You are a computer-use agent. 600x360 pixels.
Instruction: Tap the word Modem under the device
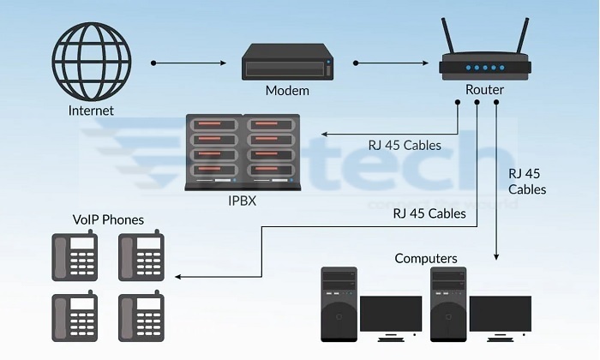(x=286, y=91)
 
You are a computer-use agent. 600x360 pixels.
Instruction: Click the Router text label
(x=484, y=90)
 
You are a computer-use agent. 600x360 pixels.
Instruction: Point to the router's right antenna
(x=520, y=34)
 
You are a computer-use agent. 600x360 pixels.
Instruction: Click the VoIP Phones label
(x=109, y=219)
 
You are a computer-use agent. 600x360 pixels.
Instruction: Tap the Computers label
(x=426, y=258)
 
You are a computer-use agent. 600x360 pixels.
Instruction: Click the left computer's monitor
(x=390, y=315)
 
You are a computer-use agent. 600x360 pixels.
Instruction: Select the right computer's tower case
(x=449, y=305)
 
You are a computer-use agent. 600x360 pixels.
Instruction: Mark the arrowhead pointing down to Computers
(x=496, y=255)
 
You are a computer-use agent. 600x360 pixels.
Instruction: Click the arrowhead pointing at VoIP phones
(x=177, y=278)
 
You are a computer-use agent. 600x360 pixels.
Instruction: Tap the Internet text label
(x=91, y=111)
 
